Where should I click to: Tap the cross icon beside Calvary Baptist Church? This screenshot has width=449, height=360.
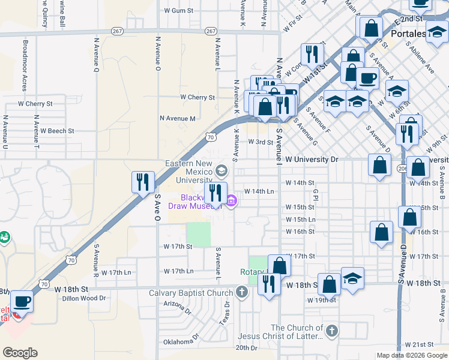click(241, 293)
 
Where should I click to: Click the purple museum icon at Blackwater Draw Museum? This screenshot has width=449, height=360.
click(231, 201)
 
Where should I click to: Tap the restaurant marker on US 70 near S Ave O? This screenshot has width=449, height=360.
click(143, 182)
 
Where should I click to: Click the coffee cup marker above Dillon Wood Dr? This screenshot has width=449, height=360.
click(22, 301)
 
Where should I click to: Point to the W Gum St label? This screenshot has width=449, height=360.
click(179, 11)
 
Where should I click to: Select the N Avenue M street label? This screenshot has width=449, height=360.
click(178, 119)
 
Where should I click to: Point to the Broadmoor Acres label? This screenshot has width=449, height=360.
click(25, 65)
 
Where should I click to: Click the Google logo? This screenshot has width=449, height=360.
click(20, 352)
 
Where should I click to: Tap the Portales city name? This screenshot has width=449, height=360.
click(408, 34)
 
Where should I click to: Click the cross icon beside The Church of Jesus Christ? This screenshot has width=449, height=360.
click(331, 331)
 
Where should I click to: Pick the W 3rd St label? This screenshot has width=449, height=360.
click(261, 143)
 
